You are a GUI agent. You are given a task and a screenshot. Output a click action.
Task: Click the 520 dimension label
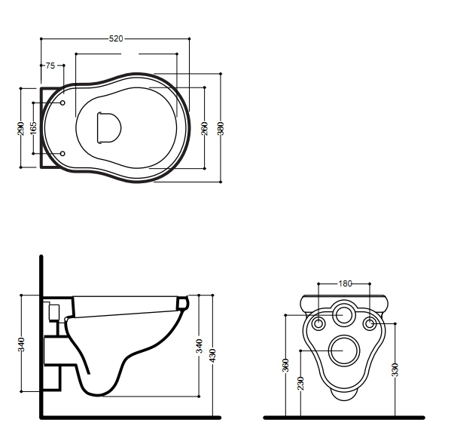click(x=116, y=38)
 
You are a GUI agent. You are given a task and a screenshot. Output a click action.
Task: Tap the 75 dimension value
click(x=50, y=66)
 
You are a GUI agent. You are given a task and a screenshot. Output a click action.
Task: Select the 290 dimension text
click(x=21, y=128)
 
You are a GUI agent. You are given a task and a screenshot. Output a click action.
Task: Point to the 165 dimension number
click(x=33, y=128)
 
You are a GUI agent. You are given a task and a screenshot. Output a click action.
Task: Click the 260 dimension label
click(x=205, y=128)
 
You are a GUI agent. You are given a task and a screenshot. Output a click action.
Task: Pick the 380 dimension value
click(x=221, y=128)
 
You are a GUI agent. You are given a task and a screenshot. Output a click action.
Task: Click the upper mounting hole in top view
click(x=62, y=103)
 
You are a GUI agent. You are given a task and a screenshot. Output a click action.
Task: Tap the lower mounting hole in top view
click(x=62, y=154)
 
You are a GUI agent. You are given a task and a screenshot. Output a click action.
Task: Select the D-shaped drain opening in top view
click(x=108, y=127)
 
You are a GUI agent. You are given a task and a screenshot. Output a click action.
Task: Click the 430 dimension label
click(x=212, y=356)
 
